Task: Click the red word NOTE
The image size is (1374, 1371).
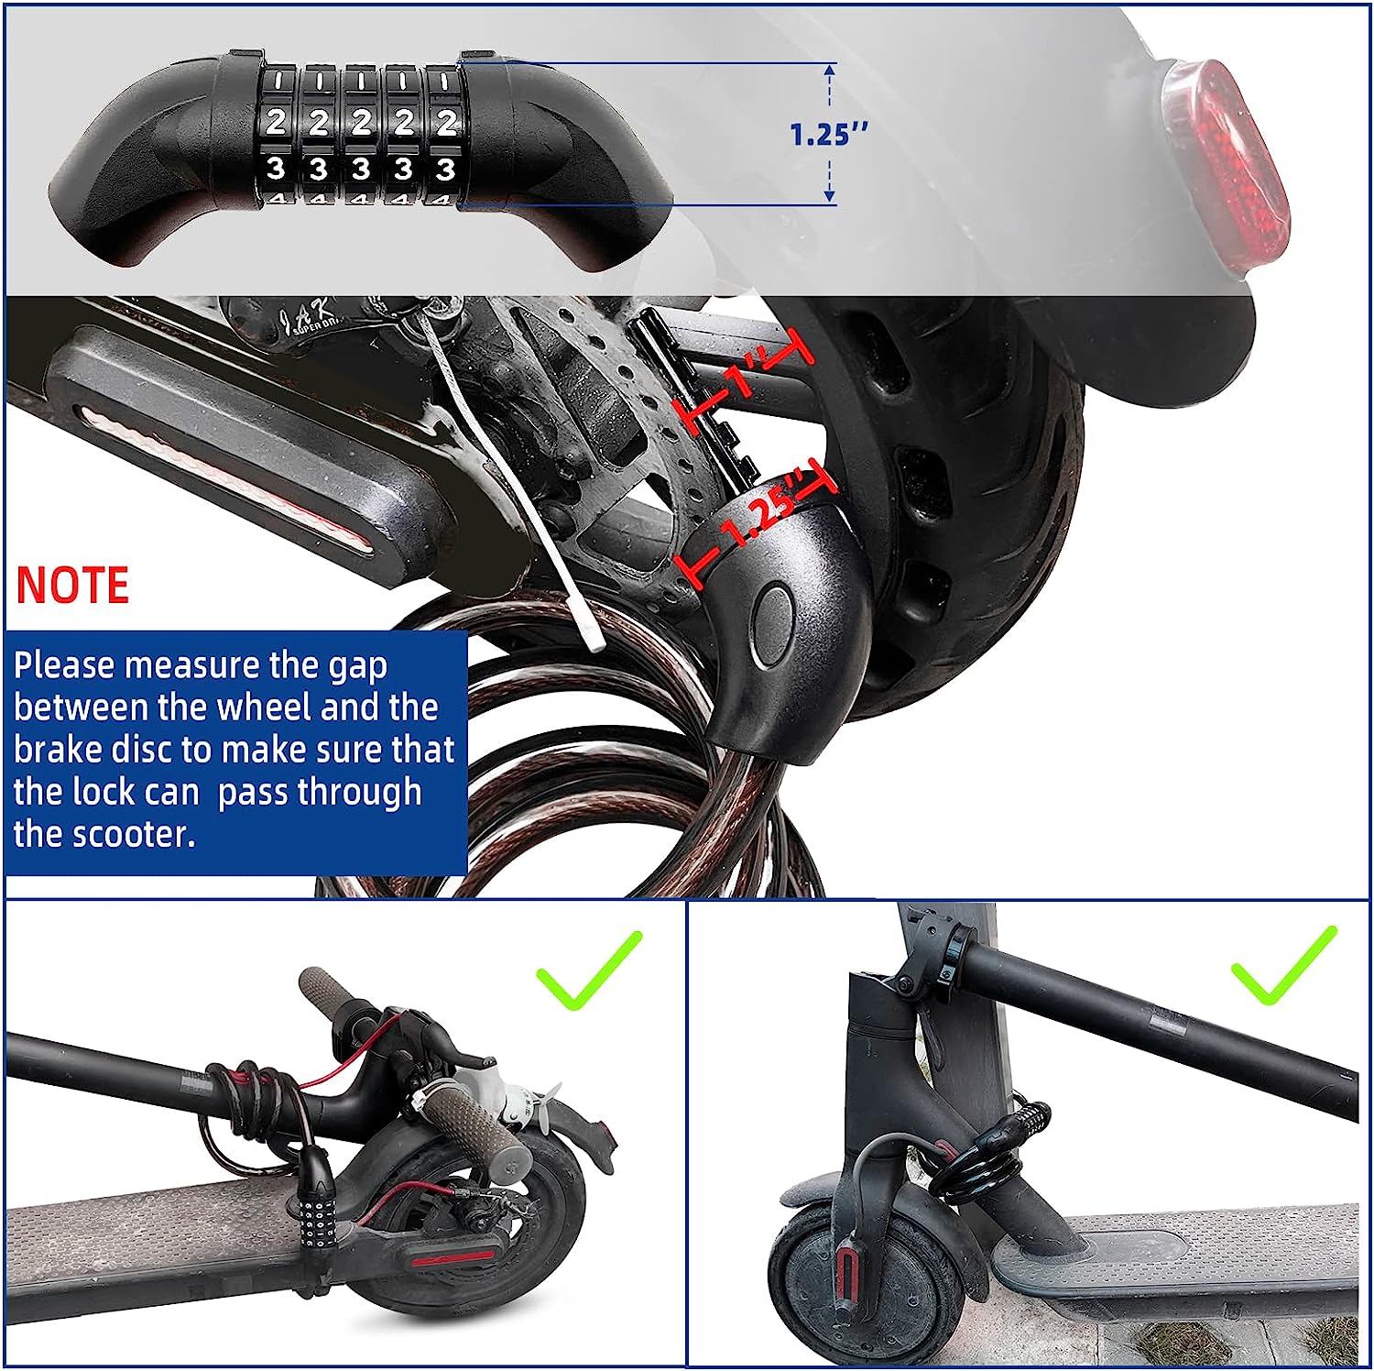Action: click(x=72, y=586)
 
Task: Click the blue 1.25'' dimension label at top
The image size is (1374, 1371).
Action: click(x=828, y=134)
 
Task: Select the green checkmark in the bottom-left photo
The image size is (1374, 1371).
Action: click(x=589, y=970)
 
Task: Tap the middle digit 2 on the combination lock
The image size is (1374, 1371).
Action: click(x=361, y=122)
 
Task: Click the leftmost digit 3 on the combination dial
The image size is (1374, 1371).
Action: click(x=276, y=169)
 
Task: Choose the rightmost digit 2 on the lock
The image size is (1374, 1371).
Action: click(x=446, y=122)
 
